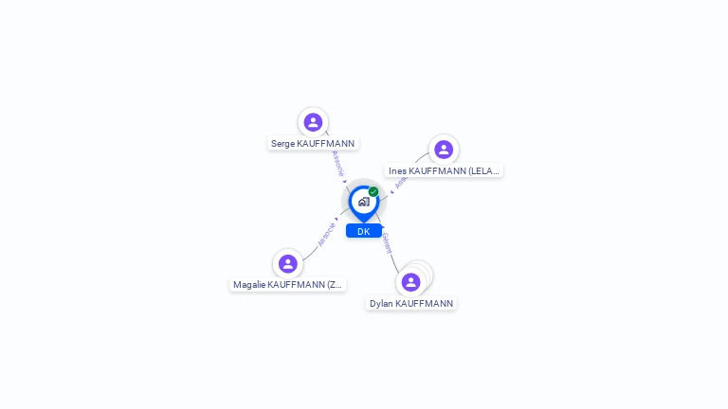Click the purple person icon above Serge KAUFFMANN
click(313, 122)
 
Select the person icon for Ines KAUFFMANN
click(443, 150)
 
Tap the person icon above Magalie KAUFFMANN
click(288, 263)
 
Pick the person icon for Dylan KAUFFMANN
click(410, 282)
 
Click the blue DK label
click(364, 231)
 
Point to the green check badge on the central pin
click(373, 191)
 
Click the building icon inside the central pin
click(363, 202)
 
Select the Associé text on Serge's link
click(338, 163)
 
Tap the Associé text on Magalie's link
click(327, 234)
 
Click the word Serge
click(282, 144)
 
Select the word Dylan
click(381, 304)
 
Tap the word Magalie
click(249, 285)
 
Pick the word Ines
click(397, 171)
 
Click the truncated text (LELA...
click(483, 171)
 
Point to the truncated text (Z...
click(334, 285)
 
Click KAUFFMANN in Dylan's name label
click(424, 304)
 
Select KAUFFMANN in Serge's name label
click(326, 144)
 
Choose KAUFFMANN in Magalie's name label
click(296, 285)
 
